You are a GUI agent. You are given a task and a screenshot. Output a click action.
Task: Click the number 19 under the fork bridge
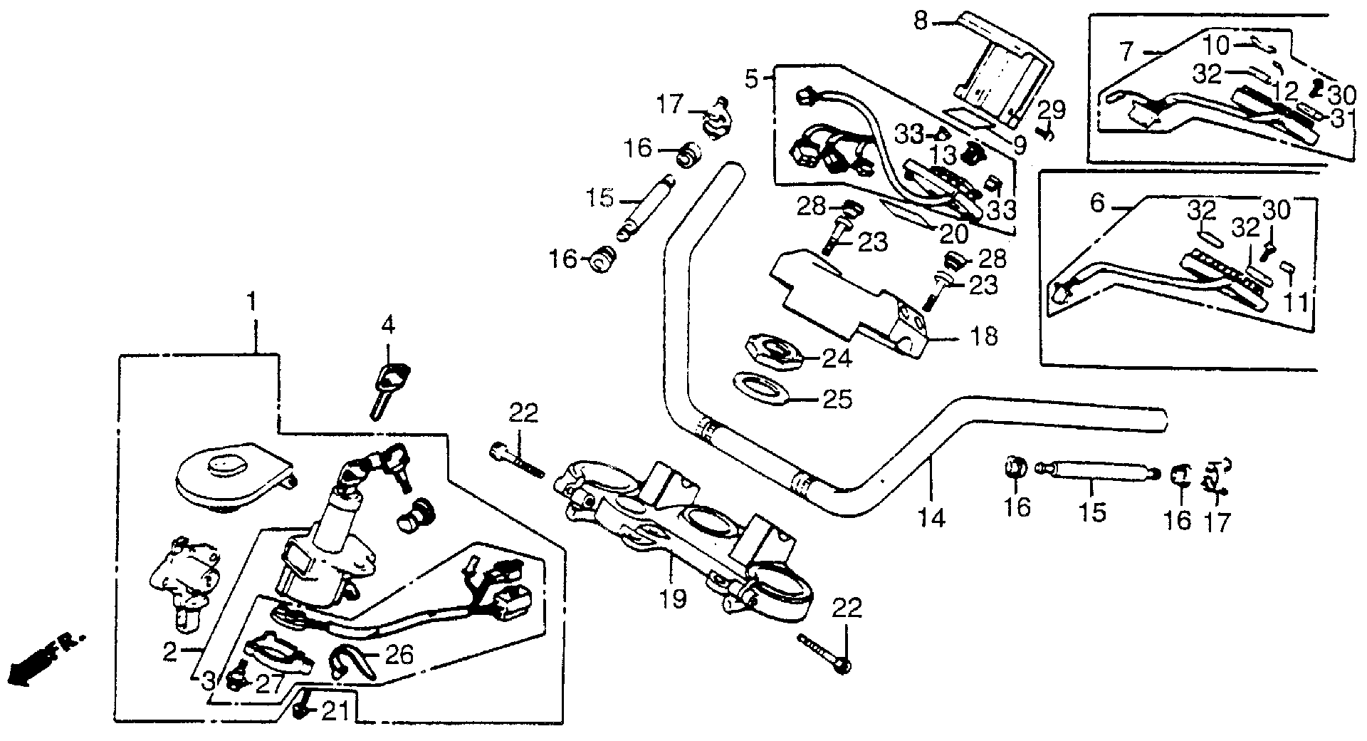click(x=673, y=598)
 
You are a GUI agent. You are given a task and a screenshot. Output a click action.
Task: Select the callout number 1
click(x=251, y=303)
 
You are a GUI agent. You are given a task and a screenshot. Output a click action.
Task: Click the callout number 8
click(x=921, y=21)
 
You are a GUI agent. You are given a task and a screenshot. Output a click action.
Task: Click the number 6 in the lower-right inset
click(x=1097, y=204)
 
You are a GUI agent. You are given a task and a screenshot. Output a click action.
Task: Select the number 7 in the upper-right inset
click(x=1126, y=51)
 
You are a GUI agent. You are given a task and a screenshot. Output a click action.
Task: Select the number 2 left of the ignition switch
click(x=169, y=652)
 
